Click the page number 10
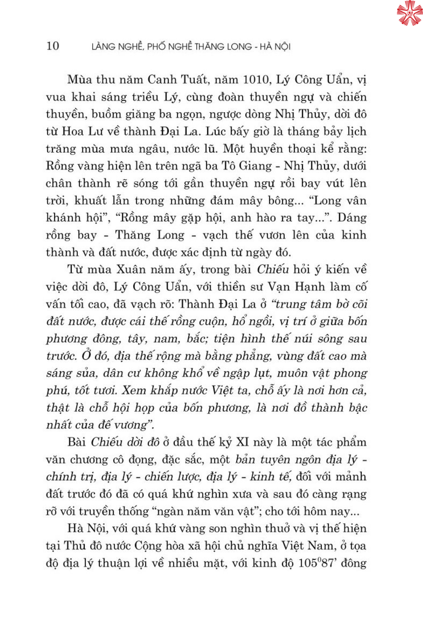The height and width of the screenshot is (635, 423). pos(53,46)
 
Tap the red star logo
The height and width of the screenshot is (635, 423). pos(409,13)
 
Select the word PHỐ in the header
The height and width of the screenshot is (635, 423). pos(156,47)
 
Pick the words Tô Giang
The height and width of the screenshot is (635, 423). pos(246,166)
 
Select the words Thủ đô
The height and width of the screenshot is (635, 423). pos(83,546)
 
